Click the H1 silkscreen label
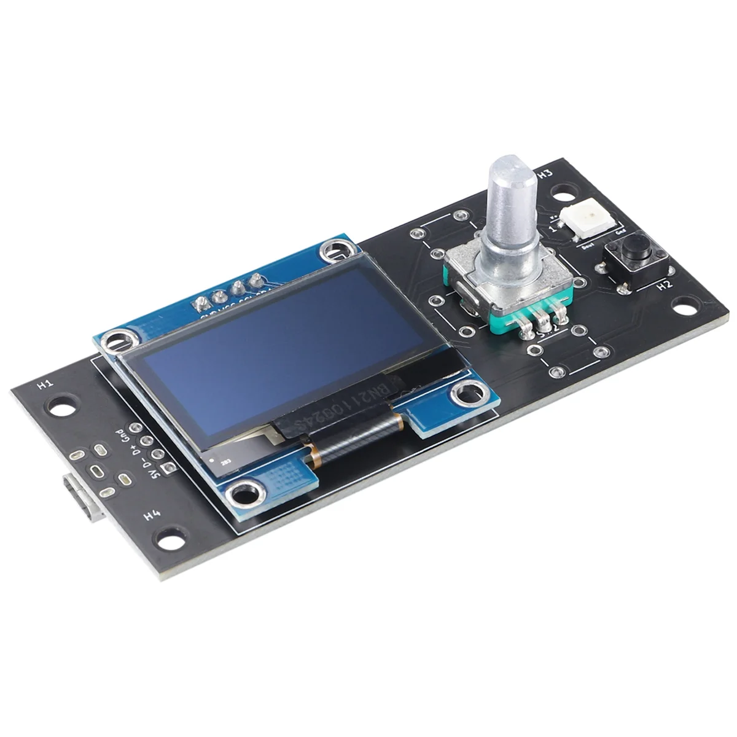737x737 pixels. click(45, 386)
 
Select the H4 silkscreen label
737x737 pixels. click(152, 515)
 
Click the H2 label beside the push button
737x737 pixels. click(665, 284)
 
